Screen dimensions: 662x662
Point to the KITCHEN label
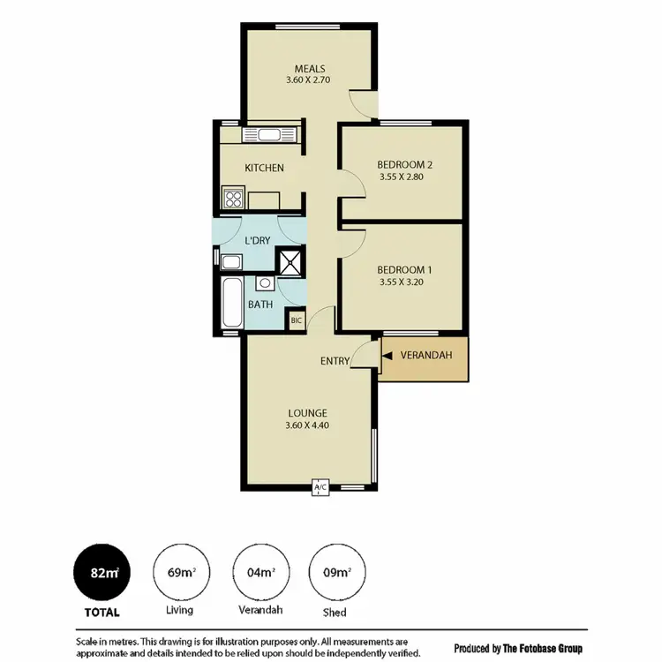264,168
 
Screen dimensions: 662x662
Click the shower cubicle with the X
290,262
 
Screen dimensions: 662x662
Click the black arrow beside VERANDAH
387,355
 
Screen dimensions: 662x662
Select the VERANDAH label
426,355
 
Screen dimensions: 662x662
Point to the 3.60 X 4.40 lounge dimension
307,425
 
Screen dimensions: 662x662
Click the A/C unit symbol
320,488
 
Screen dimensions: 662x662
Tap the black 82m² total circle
104,573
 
